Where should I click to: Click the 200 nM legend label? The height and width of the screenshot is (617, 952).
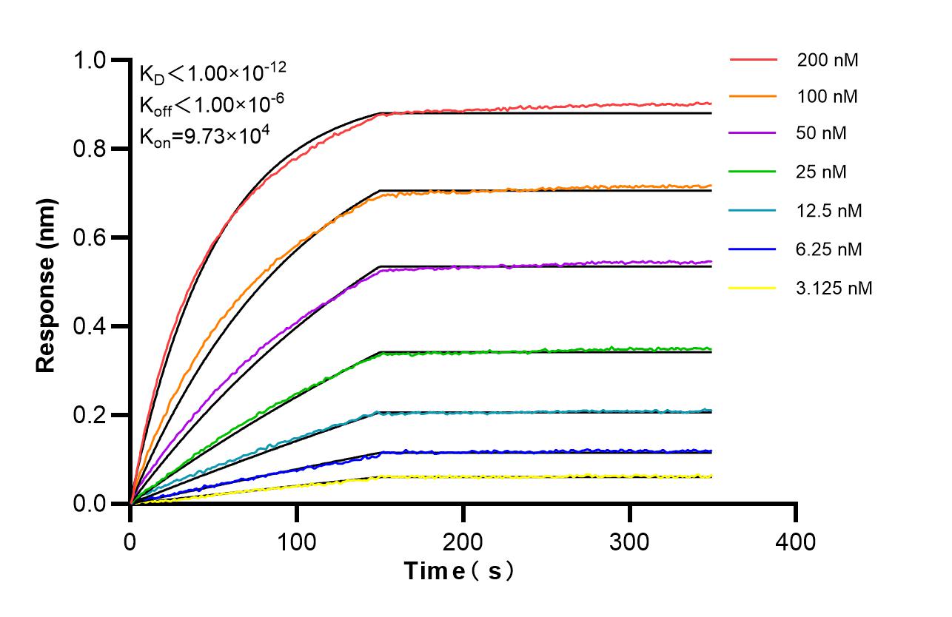[827, 61]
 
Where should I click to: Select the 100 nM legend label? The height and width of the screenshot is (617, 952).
[827, 97]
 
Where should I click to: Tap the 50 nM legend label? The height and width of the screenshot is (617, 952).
[822, 134]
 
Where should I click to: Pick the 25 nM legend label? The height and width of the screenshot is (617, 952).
[822, 172]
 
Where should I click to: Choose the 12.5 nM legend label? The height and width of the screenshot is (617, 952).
[829, 211]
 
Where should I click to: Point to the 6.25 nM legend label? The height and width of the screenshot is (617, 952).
[829, 249]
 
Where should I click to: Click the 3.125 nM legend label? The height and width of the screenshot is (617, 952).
[834, 288]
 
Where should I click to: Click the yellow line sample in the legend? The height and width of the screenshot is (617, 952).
[753, 288]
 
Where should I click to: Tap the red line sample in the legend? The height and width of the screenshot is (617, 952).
[753, 58]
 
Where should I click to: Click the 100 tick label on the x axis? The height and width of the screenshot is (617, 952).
[296, 542]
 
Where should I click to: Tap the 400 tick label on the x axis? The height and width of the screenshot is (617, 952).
[796, 542]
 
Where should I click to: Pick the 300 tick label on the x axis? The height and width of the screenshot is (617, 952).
[629, 542]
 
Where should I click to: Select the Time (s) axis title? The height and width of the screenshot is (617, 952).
[459, 571]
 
